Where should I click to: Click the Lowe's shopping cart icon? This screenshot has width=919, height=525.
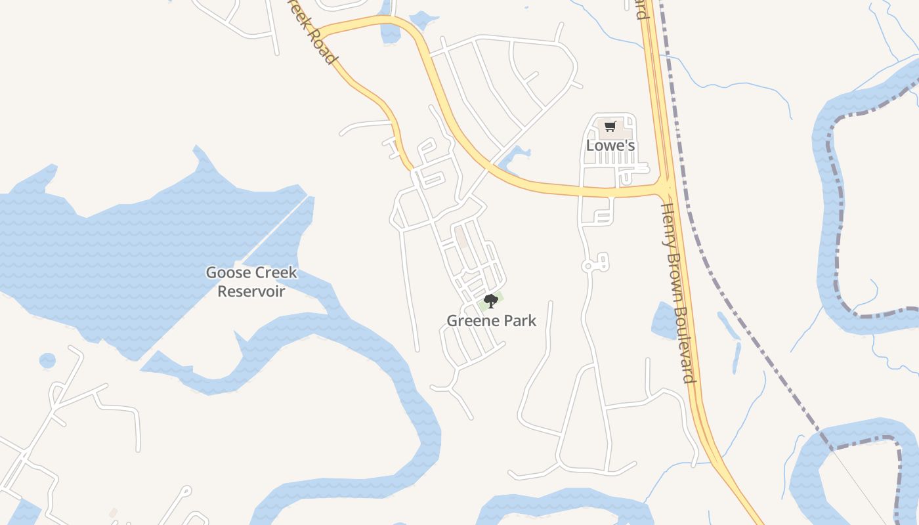coord(610,126)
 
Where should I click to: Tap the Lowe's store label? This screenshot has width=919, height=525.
coord(610,145)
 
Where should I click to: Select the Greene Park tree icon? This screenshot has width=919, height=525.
coord(490,301)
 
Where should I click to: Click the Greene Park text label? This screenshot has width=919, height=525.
coord(491,321)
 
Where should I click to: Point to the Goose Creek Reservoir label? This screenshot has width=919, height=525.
coord(251,282)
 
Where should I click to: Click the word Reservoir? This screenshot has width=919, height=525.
coord(251,291)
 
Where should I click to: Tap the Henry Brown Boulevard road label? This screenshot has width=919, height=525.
coord(677,292)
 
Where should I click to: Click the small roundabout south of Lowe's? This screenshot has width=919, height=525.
coord(588,266)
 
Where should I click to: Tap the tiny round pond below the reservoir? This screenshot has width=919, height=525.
coord(47,360)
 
